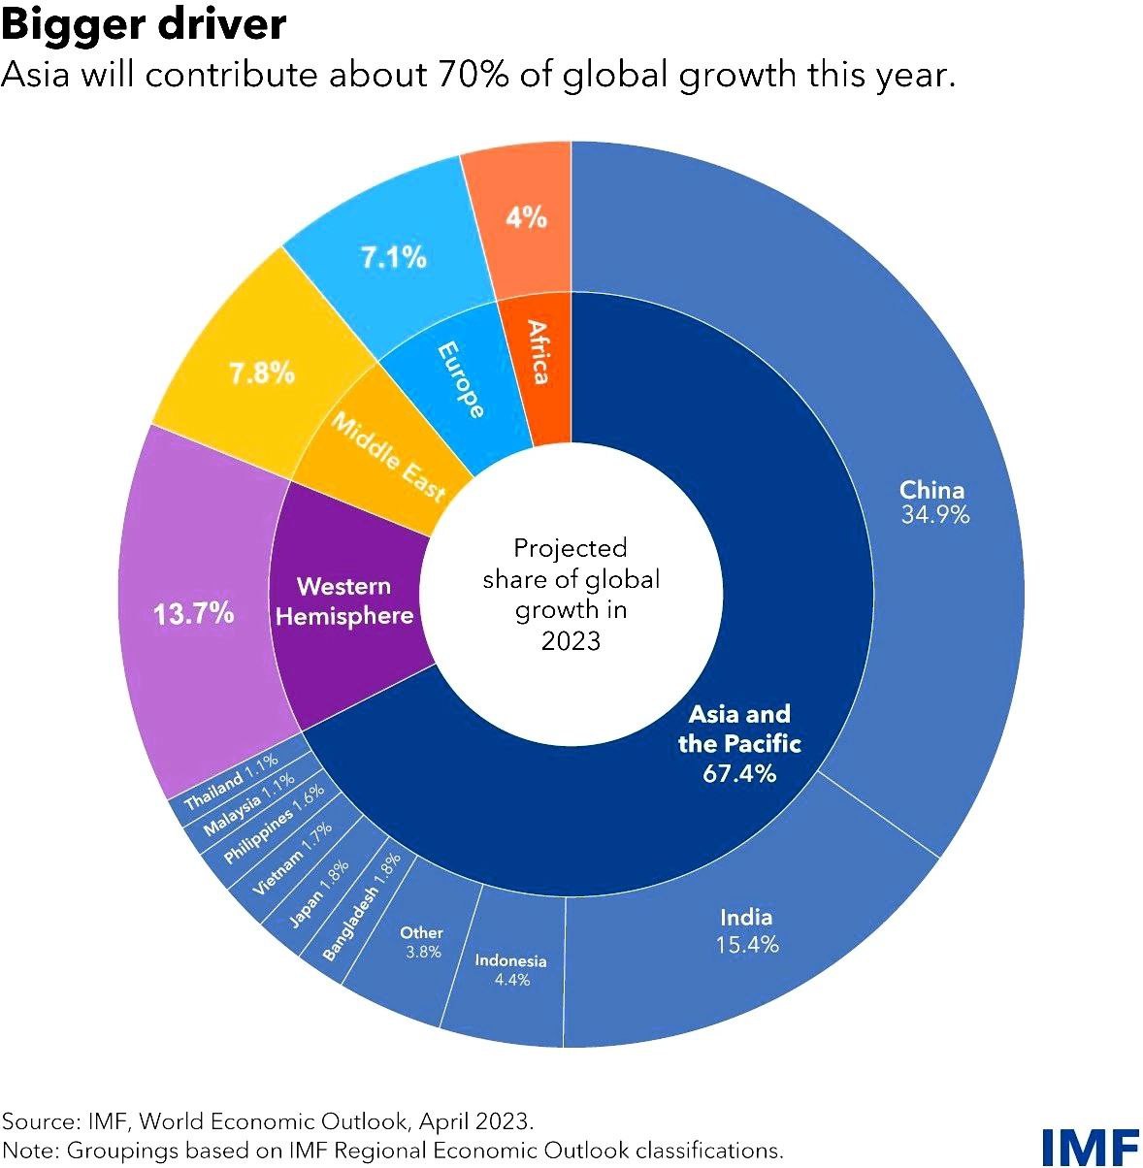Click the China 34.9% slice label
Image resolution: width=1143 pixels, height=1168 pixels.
click(x=933, y=502)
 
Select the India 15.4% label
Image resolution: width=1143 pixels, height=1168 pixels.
click(x=746, y=930)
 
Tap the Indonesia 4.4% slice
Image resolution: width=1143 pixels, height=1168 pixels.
click(x=510, y=970)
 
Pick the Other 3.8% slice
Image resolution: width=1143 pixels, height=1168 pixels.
click(x=422, y=942)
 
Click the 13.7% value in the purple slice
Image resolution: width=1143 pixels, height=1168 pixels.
click(x=194, y=613)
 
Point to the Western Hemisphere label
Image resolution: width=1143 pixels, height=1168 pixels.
click(x=344, y=600)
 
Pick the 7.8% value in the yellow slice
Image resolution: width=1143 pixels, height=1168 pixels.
click(x=262, y=373)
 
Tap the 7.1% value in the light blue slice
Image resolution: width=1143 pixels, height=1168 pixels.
click(x=394, y=258)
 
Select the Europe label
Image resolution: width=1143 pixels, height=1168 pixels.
click(x=461, y=379)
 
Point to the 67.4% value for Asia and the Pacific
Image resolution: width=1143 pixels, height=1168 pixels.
click(x=739, y=773)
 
